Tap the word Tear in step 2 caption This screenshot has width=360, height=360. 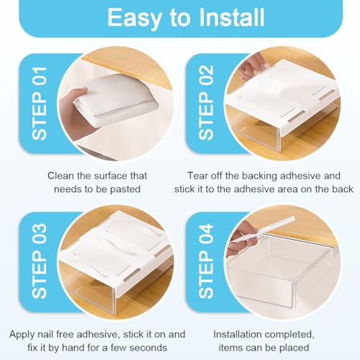coord(199,175)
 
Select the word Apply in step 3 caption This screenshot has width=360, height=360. coord(24,334)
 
